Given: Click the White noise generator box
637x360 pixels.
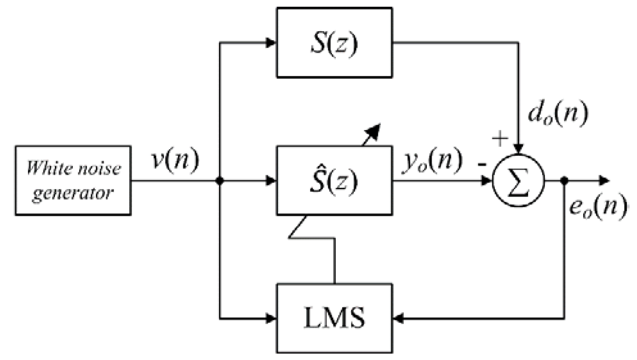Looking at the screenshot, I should pos(73,180).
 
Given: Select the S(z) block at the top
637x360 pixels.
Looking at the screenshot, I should pos(334,43).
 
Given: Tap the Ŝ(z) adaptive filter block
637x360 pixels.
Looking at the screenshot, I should pos(334,181).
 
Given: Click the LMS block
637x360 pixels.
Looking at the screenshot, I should pos(334,318).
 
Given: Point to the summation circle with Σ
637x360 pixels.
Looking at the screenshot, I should pos(519,181).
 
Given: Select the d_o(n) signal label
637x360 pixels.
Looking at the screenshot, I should pos(558,114).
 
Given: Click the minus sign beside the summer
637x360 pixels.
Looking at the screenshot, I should pos(482,165).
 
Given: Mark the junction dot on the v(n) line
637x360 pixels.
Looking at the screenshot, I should pos(220,181).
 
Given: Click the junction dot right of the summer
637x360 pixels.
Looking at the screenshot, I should pos(564,181).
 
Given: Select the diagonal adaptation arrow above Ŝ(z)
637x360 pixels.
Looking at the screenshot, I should pos(372,134).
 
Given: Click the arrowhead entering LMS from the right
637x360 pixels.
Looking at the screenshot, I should pos(398,319).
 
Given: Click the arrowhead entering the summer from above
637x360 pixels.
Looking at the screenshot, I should pos(519,149).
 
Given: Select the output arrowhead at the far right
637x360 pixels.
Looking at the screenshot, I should pos(604,181).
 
